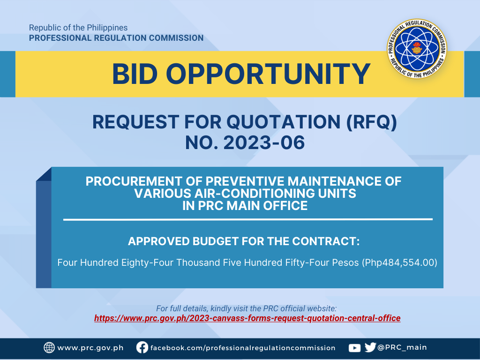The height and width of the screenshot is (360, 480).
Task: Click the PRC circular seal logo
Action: (x=417, y=48)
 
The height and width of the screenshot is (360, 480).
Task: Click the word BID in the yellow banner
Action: (x=135, y=74)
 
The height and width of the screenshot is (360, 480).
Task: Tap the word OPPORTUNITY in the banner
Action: (x=268, y=74)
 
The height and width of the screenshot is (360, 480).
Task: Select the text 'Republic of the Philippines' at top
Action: (x=78, y=28)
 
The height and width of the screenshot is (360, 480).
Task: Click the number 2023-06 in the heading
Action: (x=264, y=142)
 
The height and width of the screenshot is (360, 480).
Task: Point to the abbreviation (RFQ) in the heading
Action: (x=372, y=122)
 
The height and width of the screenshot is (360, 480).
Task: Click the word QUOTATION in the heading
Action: (x=283, y=122)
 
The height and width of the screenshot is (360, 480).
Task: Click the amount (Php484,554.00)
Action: (x=399, y=262)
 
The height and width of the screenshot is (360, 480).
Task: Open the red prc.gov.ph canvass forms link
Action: (x=247, y=318)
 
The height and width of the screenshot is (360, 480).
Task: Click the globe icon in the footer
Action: (x=49, y=348)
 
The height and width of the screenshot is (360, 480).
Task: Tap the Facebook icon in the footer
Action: (x=142, y=347)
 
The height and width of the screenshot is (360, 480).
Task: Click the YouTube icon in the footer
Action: (x=354, y=348)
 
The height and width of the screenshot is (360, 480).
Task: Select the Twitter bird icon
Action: (x=370, y=347)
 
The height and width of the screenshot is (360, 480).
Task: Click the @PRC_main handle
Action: (x=402, y=347)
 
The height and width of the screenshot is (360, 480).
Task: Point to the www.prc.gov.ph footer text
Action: (x=90, y=348)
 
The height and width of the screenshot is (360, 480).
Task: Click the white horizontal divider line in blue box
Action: (x=248, y=219)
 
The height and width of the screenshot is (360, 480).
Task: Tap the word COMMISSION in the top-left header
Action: (x=176, y=38)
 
